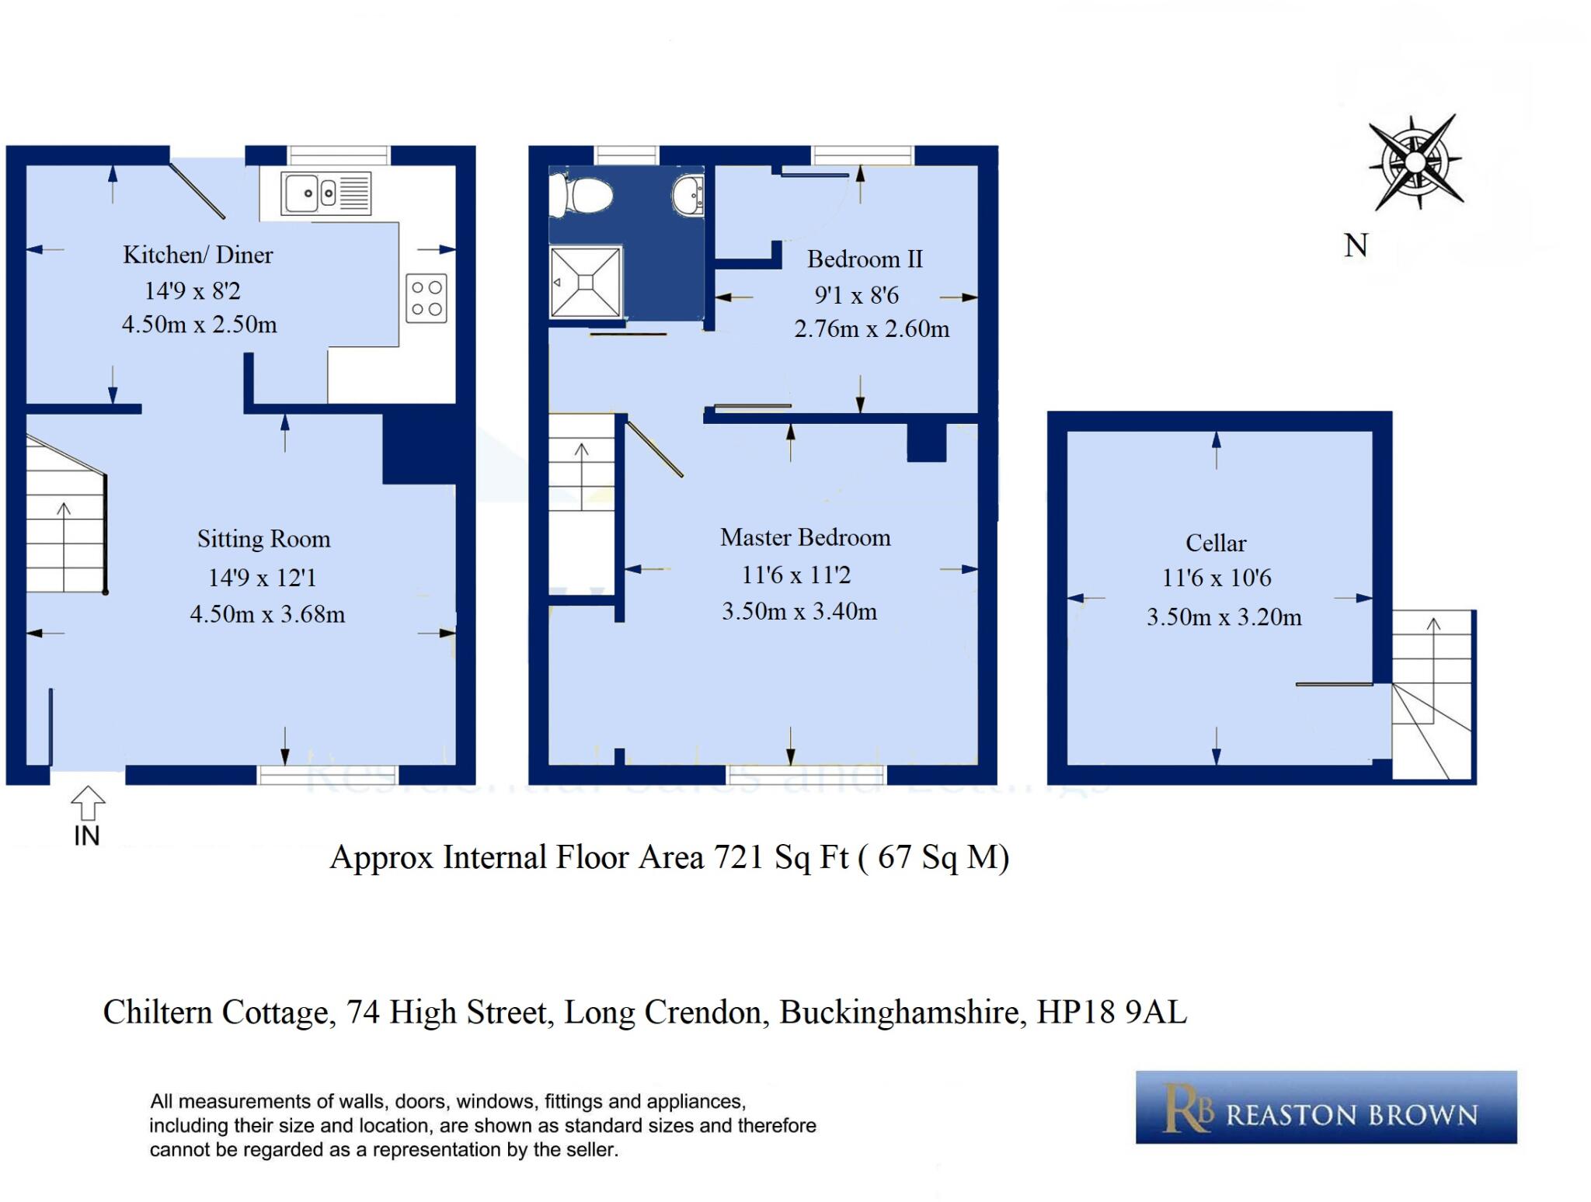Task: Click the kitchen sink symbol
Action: click(x=326, y=193)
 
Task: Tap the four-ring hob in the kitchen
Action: click(x=426, y=298)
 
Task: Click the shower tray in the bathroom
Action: click(x=587, y=282)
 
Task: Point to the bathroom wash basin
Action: click(x=688, y=194)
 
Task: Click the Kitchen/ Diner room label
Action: click(x=198, y=255)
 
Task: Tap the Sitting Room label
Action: click(x=263, y=539)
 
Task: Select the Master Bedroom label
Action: click(x=805, y=537)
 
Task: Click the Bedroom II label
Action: click(x=864, y=259)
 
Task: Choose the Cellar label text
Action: click(x=1215, y=543)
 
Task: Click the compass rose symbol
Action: click(x=1415, y=162)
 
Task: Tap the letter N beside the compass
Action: click(x=1356, y=245)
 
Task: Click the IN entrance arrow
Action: click(x=88, y=804)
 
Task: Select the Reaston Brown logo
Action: click(x=1325, y=1107)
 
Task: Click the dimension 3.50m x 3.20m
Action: click(x=1224, y=617)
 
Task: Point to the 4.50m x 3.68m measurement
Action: click(x=267, y=614)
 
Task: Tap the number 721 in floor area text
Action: click(x=739, y=857)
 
